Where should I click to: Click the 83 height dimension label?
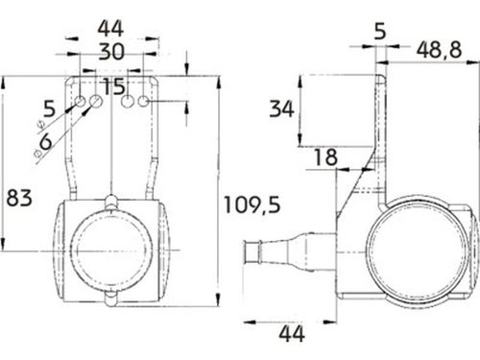[20, 199]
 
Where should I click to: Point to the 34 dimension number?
[281, 108]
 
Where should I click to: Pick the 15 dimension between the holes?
[113, 87]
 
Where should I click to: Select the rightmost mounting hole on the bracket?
[143, 101]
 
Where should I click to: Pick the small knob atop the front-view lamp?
[113, 201]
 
